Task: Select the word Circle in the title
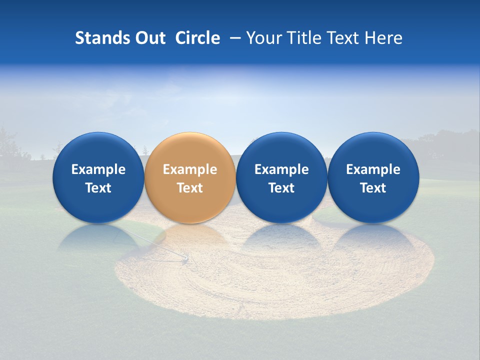[x=197, y=38]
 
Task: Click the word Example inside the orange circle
[x=190, y=169]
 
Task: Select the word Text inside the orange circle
[x=190, y=188]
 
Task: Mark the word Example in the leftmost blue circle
[x=98, y=169]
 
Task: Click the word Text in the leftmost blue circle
[x=98, y=188]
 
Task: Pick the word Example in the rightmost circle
[x=373, y=169]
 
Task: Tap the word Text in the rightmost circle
[x=373, y=188]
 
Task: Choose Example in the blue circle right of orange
[x=281, y=169]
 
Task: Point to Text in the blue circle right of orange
[x=281, y=188]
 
